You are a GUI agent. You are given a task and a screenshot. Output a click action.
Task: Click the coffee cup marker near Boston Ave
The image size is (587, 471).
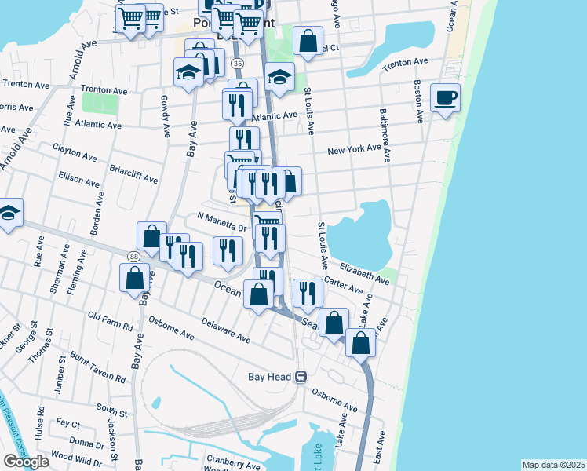point(445,98)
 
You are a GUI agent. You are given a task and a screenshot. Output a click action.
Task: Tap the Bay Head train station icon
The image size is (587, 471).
point(301,377)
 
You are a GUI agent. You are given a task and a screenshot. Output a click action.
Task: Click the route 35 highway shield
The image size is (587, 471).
point(238,62)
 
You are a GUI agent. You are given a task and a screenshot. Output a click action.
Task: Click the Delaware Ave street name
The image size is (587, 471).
point(224,330)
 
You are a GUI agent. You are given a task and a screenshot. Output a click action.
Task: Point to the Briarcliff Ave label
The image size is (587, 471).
point(133,173)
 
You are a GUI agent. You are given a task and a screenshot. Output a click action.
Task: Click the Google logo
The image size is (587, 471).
point(26,462)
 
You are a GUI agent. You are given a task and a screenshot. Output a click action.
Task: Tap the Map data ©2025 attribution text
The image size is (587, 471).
point(553,465)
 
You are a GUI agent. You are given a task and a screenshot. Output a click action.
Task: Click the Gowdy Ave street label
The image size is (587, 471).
point(166,116)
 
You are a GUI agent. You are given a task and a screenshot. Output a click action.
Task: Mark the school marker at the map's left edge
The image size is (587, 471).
point(9,213)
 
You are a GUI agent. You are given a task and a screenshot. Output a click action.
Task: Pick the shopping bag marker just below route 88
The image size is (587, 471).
point(134,278)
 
